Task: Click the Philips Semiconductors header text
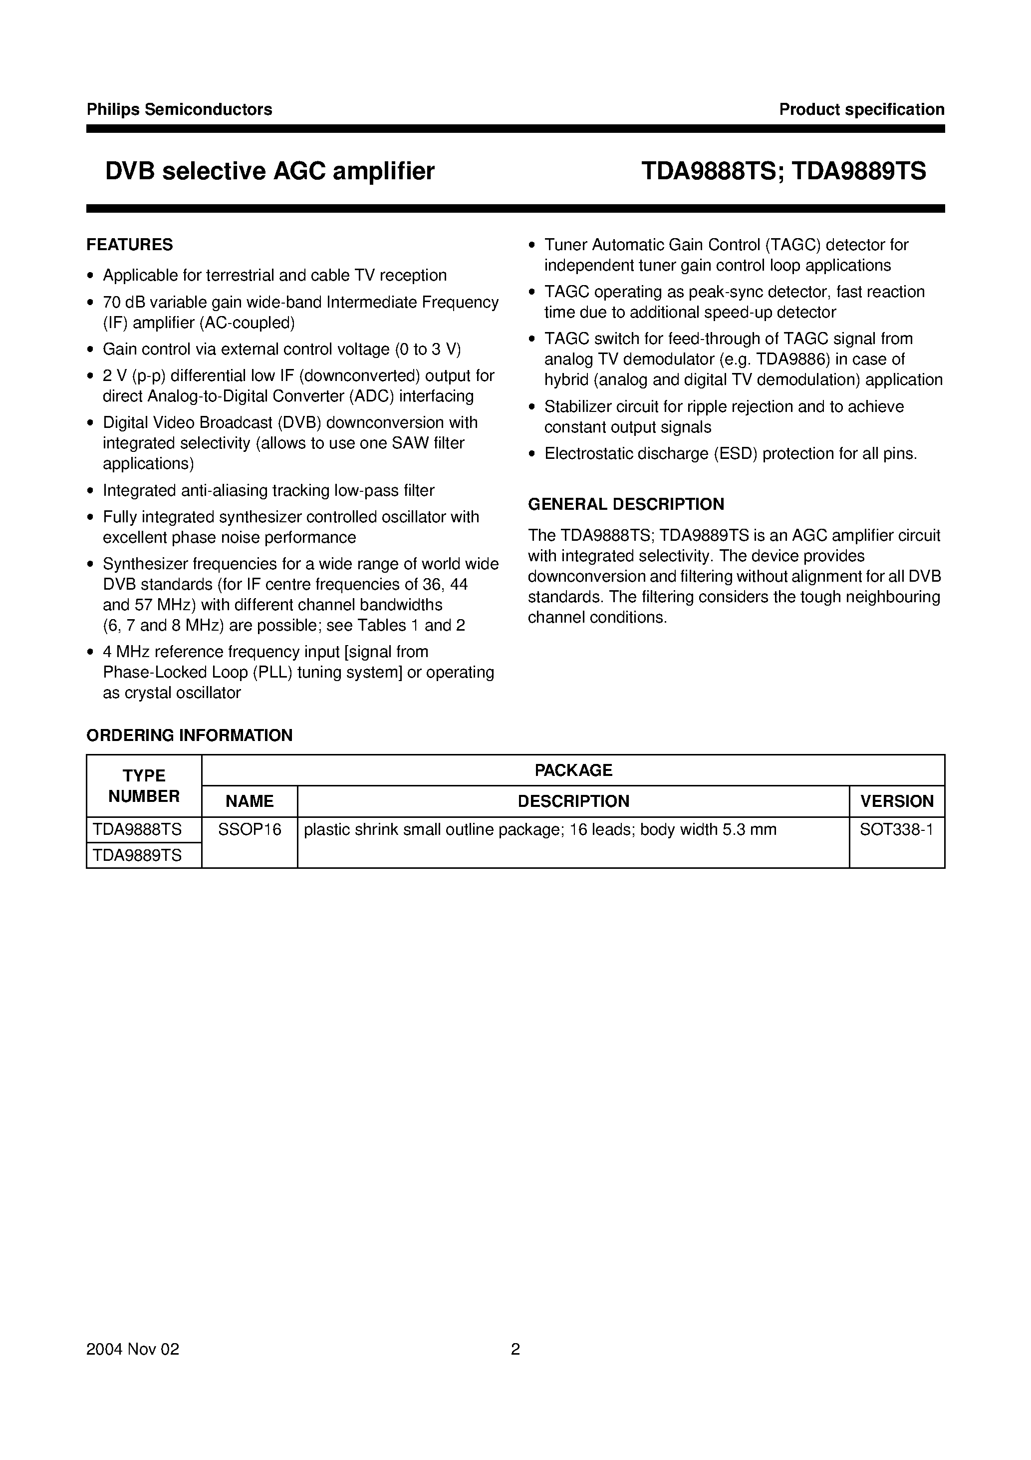click(179, 109)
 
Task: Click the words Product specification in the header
click(861, 109)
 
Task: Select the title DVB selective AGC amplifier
click(270, 171)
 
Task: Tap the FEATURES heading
click(130, 245)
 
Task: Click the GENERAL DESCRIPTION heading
click(626, 504)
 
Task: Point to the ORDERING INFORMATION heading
click(190, 735)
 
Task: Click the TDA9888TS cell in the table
click(137, 830)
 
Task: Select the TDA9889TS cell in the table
click(137, 855)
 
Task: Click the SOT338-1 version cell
click(896, 830)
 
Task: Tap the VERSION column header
click(897, 801)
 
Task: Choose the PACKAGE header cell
click(573, 770)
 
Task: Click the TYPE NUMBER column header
click(144, 786)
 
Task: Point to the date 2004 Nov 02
click(133, 1367)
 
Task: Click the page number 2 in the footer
click(515, 1367)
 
